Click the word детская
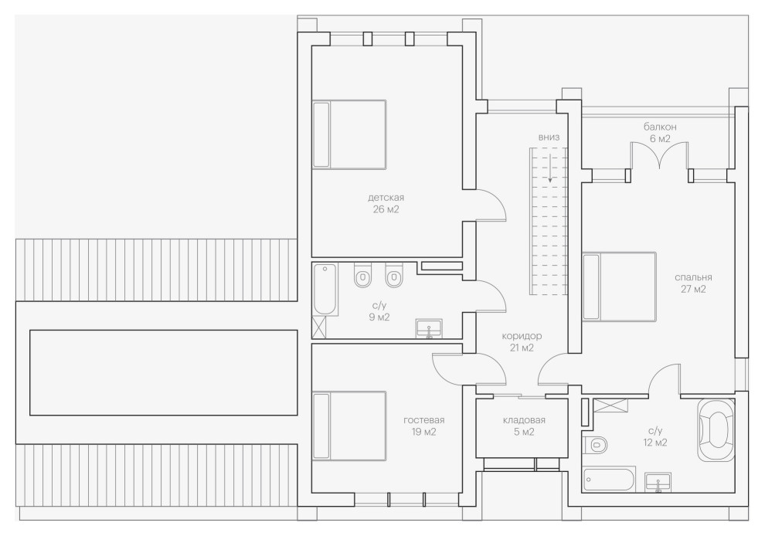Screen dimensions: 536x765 point(386,197)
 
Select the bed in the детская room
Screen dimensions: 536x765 point(348,134)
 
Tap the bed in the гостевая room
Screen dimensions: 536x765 point(348,426)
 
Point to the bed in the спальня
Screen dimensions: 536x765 point(619,287)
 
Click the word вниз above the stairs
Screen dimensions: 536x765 point(549,137)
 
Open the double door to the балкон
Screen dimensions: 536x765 point(658,158)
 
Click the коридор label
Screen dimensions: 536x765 point(522,336)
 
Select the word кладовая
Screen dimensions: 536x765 point(523,420)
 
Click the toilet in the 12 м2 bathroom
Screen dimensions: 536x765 point(596,444)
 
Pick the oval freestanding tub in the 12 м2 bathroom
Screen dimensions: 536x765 point(718,430)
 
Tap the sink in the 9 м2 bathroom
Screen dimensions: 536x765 point(429,330)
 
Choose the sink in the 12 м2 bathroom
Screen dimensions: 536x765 point(658,482)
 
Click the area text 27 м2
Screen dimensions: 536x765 point(692,290)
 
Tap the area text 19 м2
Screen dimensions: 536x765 point(423,432)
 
